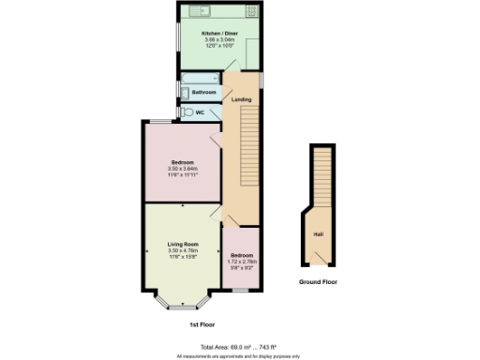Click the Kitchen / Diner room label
click(x=219, y=33)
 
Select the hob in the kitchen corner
click(x=252, y=11)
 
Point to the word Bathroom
click(x=204, y=93)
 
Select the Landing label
click(x=242, y=99)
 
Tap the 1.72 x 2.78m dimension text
click(x=242, y=262)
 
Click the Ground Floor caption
click(x=318, y=281)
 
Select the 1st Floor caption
click(x=201, y=323)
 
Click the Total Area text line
click(x=240, y=347)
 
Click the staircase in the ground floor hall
click(x=322, y=178)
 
